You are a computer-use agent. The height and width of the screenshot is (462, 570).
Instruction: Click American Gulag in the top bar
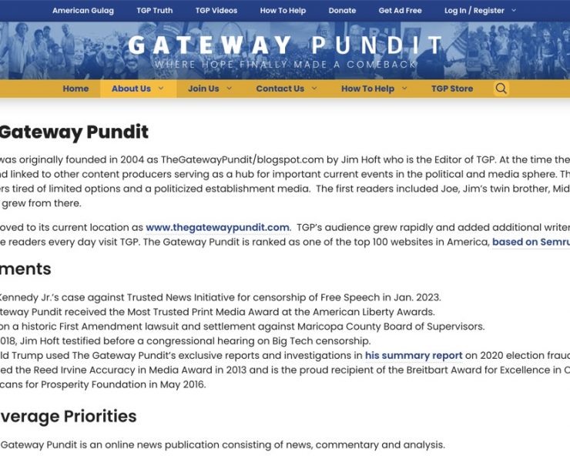(x=82, y=11)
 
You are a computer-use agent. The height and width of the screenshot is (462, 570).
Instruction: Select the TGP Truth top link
(x=154, y=11)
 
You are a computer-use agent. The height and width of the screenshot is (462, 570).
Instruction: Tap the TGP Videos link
(x=216, y=11)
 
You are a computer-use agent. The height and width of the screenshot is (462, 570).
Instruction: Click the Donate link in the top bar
(x=342, y=11)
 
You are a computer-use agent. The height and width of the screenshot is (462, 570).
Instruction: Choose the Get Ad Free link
(x=400, y=11)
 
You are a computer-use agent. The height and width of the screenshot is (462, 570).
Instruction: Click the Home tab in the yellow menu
(x=75, y=89)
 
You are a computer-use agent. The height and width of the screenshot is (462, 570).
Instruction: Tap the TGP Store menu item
(x=452, y=89)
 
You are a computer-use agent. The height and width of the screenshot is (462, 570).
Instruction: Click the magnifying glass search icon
(x=501, y=89)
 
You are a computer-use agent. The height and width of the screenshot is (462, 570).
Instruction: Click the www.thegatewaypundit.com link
(x=217, y=227)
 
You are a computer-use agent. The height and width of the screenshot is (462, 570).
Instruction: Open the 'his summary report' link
(x=414, y=355)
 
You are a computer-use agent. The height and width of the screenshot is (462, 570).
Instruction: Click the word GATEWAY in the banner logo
(x=210, y=46)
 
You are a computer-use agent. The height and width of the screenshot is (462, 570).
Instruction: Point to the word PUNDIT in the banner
(x=377, y=46)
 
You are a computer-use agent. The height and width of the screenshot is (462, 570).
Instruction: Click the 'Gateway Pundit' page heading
(x=74, y=132)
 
